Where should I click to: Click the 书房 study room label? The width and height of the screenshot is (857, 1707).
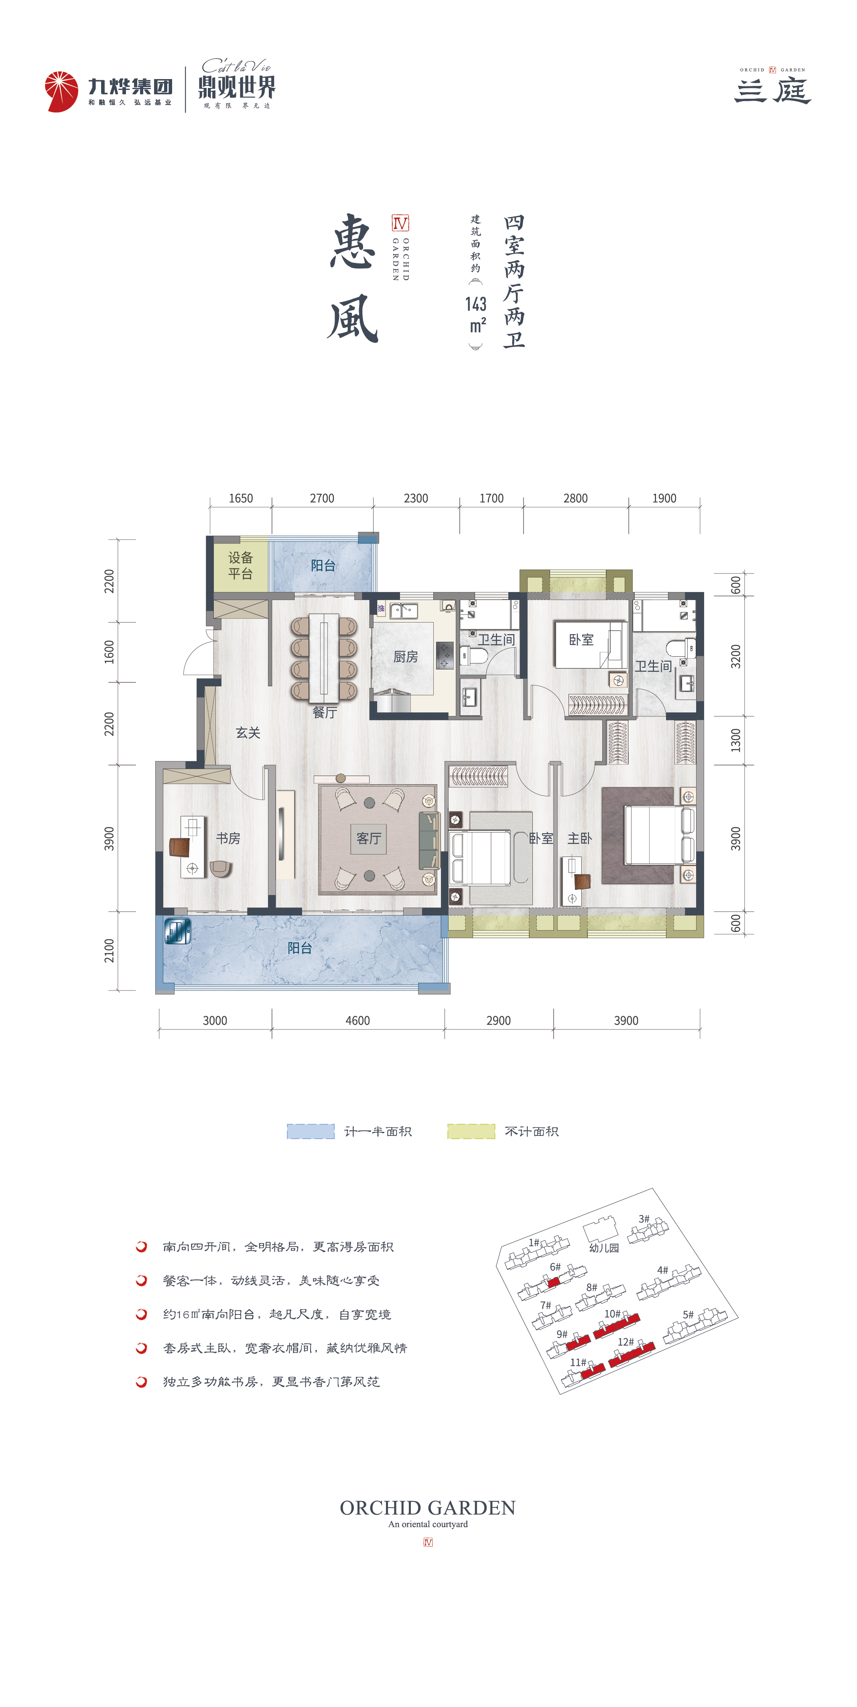point(228,838)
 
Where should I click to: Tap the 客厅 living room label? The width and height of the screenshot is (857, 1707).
point(369,838)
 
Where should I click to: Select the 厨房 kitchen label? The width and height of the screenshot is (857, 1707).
point(405,657)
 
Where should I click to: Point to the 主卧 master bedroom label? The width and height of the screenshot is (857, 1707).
point(579,838)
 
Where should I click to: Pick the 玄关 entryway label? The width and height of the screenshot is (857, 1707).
point(248,732)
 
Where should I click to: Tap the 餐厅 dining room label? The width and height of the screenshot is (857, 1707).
point(325,712)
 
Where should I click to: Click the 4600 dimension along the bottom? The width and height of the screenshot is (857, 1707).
point(357,1021)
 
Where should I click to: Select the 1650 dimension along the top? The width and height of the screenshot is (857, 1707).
point(240,498)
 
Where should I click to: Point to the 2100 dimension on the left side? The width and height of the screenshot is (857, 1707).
point(109,950)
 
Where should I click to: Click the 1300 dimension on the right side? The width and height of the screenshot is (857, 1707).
point(736,740)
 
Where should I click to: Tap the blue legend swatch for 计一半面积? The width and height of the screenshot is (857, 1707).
point(311,1131)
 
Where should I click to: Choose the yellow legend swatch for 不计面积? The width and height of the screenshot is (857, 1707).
point(471,1131)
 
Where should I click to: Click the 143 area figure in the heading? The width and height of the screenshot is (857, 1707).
point(475,304)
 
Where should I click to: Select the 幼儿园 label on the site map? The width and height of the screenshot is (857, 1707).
point(604,1248)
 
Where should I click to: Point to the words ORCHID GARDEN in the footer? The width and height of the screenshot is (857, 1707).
point(428,1508)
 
